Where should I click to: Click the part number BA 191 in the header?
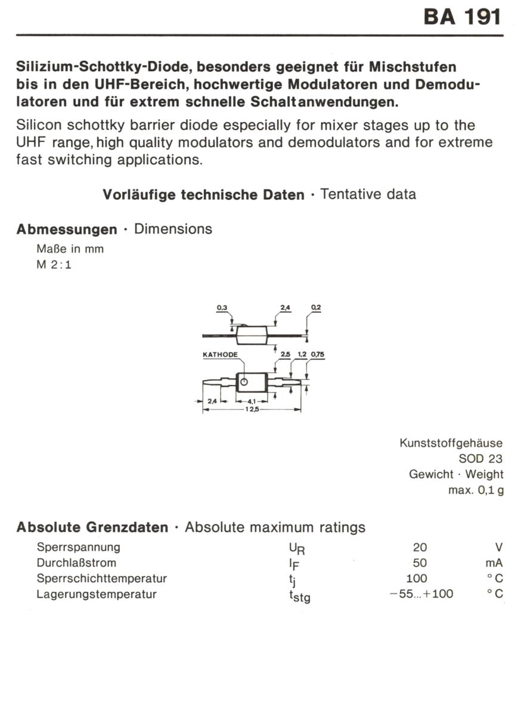[x=463, y=17]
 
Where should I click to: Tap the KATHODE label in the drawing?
[x=220, y=355]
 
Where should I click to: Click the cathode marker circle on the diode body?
[x=243, y=383]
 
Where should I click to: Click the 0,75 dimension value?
[x=317, y=355]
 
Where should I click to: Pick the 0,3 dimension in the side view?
[x=222, y=308]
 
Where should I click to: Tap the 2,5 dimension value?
[x=285, y=355]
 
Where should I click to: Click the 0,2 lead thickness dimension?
[x=315, y=308]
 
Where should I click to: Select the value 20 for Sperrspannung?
[x=420, y=547]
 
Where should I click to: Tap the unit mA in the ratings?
[x=494, y=562]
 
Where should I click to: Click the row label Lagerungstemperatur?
[x=97, y=594]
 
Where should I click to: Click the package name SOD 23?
[x=480, y=459]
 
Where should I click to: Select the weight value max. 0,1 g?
[x=476, y=490]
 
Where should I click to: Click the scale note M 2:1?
[x=54, y=265]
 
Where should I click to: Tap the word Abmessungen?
[x=67, y=229]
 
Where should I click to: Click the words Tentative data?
[x=368, y=194]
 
